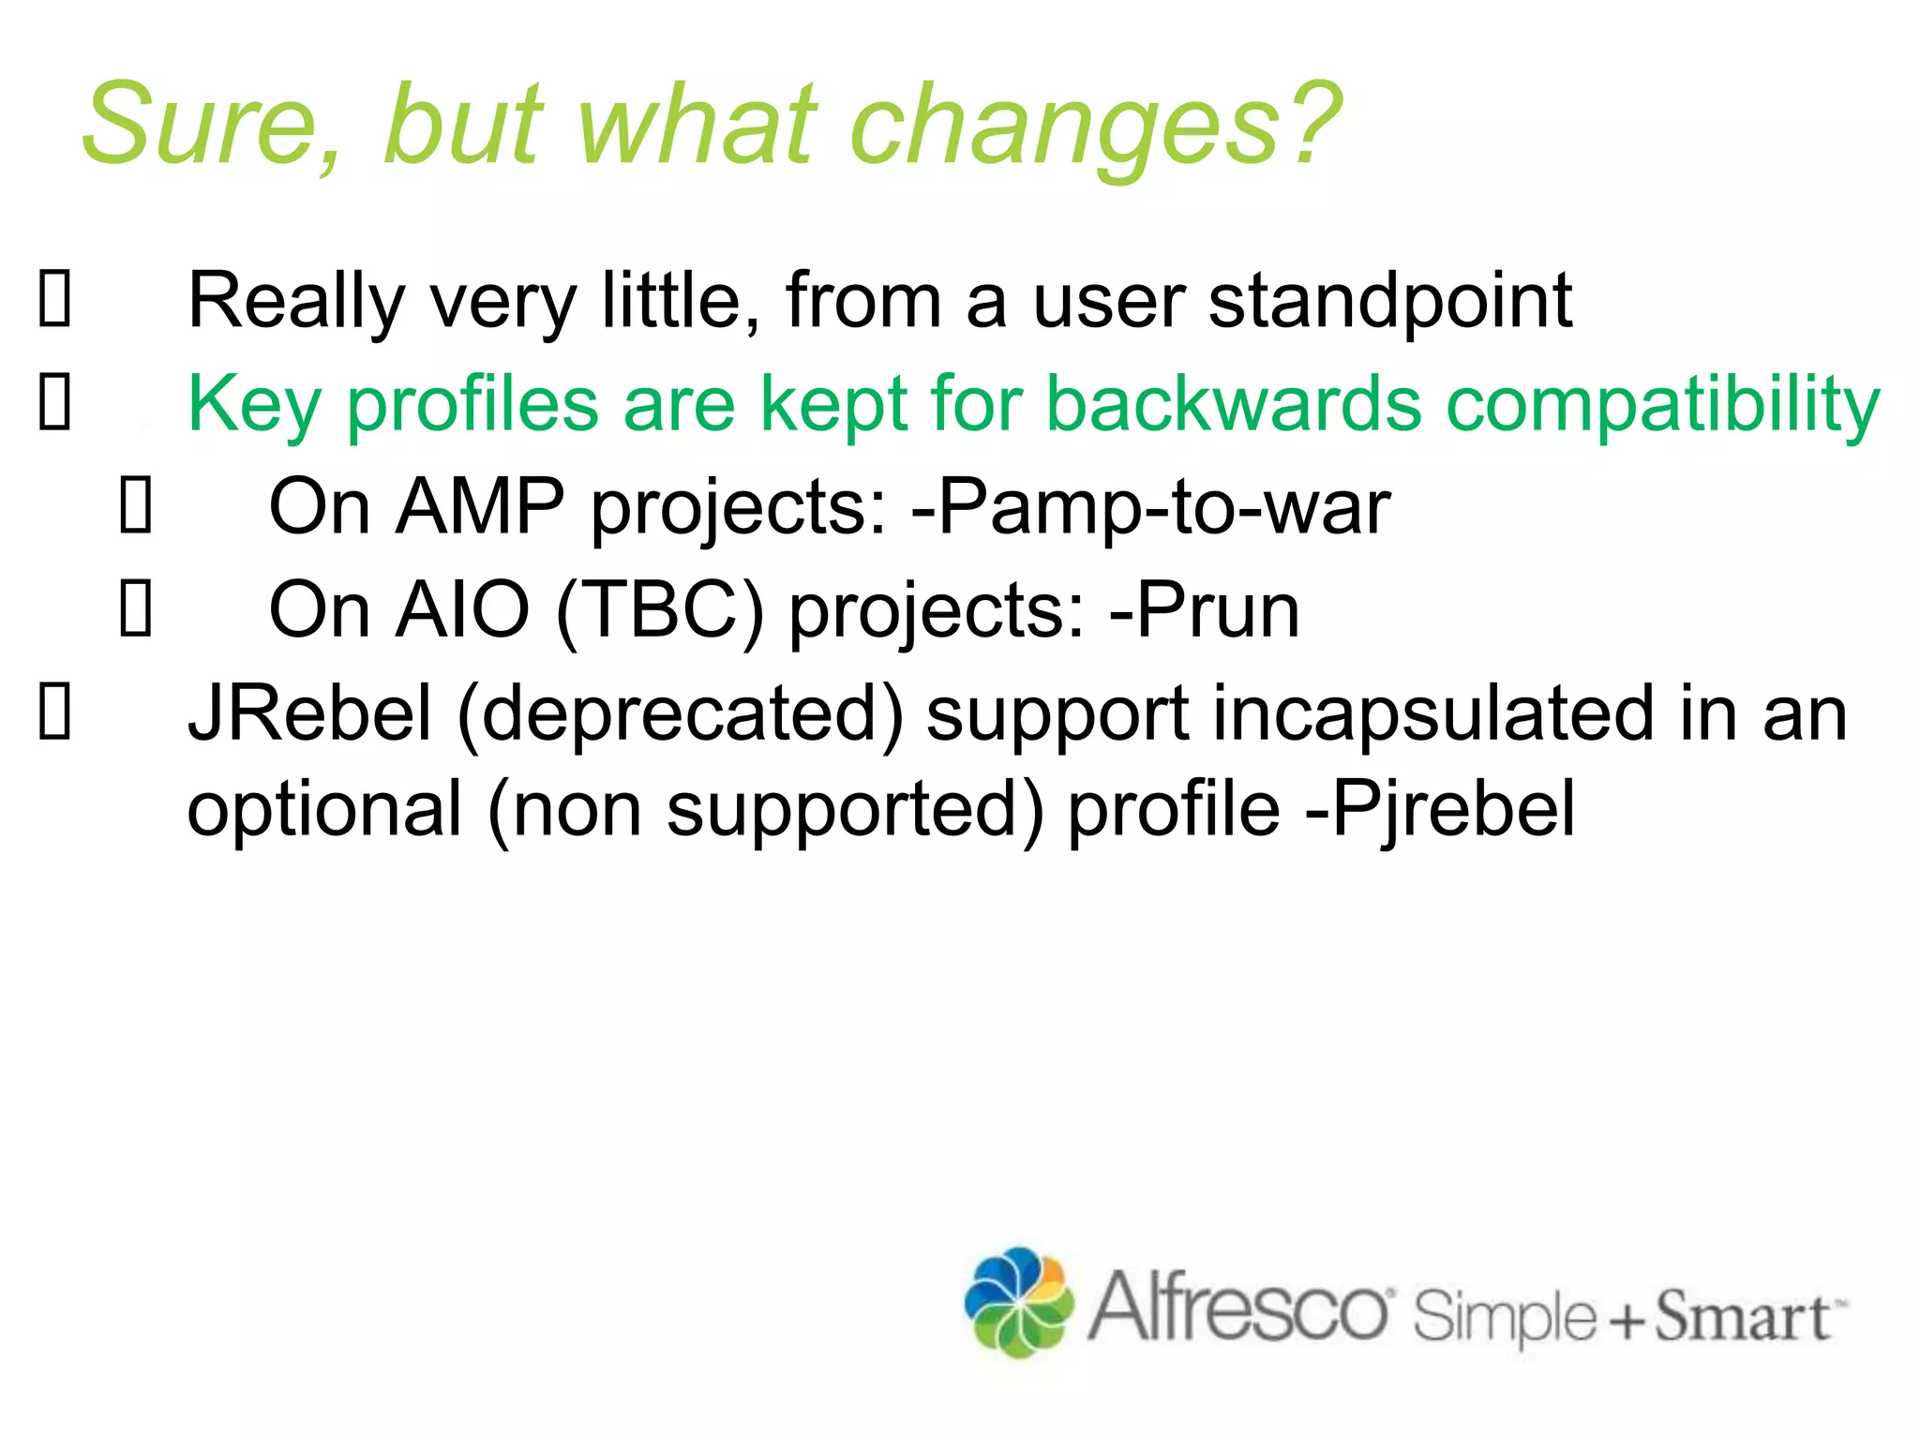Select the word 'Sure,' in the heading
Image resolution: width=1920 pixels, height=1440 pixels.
pyautogui.click(x=212, y=127)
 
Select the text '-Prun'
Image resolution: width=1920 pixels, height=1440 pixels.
pyautogui.click(x=1204, y=610)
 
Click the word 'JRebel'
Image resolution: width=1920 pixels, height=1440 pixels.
pyautogui.click(x=310, y=713)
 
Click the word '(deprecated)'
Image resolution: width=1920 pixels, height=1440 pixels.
pyautogui.click(x=680, y=715)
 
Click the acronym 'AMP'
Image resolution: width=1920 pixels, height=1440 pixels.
pyautogui.click(x=479, y=507)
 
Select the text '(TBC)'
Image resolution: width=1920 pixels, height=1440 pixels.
pyautogui.click(x=660, y=612)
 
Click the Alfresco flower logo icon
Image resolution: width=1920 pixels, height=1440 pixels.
pyautogui.click(x=1019, y=1302)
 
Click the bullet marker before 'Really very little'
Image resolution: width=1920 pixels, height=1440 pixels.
pyautogui.click(x=54, y=300)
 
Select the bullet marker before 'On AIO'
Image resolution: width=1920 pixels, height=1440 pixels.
pyautogui.click(x=136, y=610)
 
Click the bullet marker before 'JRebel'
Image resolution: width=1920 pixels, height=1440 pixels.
pyautogui.click(x=54, y=713)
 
